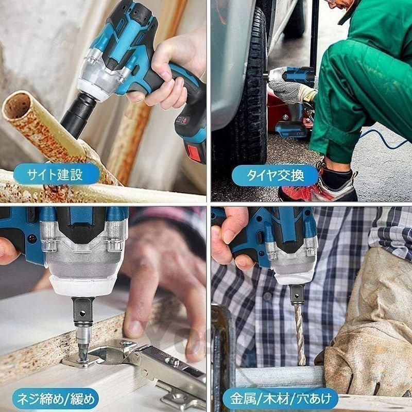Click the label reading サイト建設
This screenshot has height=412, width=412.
[55, 175]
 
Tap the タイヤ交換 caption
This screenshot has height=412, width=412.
[275, 176]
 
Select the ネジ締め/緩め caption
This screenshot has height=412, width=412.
[56, 399]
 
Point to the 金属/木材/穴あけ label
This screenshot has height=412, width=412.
[281, 399]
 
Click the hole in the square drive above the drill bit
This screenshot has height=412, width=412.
[297, 296]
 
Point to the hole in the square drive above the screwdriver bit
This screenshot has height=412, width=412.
[82, 313]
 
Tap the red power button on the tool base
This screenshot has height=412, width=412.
[185, 121]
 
